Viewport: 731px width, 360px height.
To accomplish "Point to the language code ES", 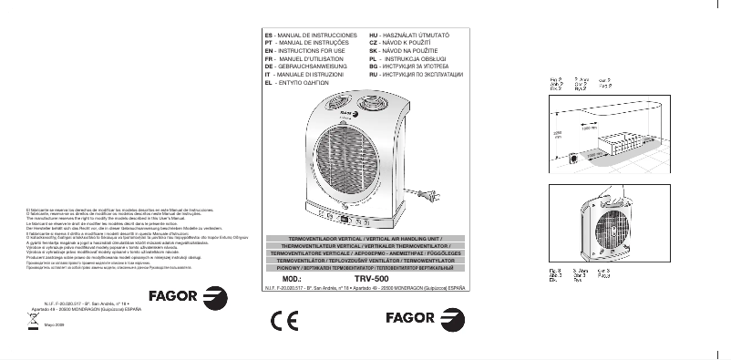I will pyautogui.click(x=269, y=34).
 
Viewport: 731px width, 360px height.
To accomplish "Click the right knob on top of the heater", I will pyautogui.click(x=369, y=100).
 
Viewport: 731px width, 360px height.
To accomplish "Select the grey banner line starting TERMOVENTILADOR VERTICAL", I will pyautogui.click(x=371, y=237).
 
